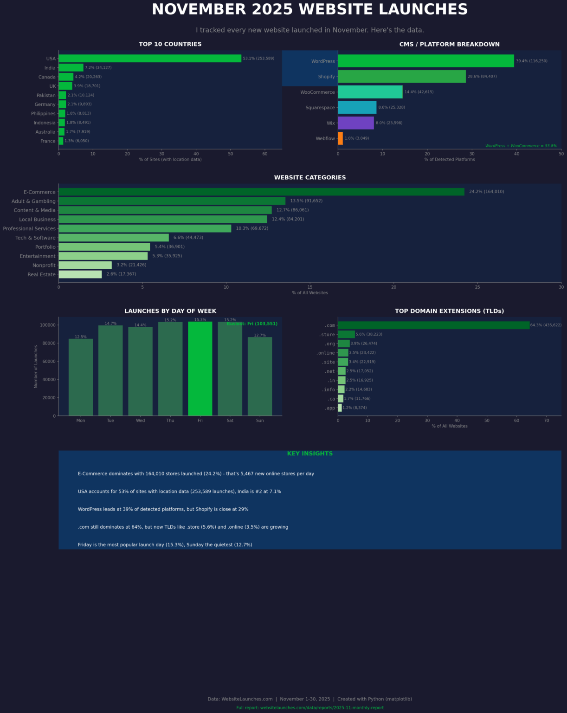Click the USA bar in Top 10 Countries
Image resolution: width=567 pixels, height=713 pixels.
149,58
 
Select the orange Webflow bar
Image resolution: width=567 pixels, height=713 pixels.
341,138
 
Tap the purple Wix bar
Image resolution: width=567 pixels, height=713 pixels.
355,123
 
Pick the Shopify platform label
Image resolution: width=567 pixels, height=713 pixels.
326,77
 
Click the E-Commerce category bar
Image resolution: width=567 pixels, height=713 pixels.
261,192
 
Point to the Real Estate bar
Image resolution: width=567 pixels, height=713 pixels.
80,274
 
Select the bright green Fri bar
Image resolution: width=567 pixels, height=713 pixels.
200,369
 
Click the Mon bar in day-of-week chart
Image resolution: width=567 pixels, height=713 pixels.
81,377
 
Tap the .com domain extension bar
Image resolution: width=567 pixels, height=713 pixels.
433,325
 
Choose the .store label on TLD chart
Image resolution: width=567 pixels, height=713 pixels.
327,335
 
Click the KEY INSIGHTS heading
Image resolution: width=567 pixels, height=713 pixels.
309,454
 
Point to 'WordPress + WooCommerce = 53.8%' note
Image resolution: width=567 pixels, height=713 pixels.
521,146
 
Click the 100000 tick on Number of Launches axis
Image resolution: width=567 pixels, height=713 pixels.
47,325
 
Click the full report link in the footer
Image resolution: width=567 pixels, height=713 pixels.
309,708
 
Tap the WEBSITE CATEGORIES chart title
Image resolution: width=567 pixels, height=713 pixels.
309,177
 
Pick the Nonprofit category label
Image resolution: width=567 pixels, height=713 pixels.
44,266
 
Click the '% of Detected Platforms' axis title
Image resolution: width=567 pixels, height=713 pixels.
449,159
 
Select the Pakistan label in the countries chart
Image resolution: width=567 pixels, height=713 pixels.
46,95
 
